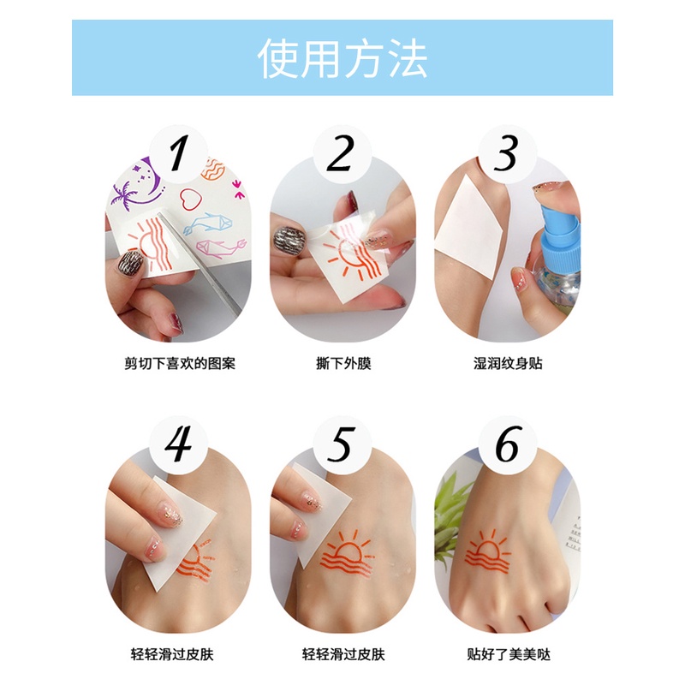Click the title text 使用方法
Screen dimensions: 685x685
tap(342, 58)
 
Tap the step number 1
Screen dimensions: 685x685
tap(179, 153)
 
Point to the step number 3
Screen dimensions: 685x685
tap(506, 153)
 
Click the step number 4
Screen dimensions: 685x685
tap(179, 444)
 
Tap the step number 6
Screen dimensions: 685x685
tap(509, 444)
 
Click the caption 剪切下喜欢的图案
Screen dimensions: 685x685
tap(180, 363)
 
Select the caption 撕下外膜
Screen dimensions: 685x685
tap(343, 363)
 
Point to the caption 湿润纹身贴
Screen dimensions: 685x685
tap(508, 363)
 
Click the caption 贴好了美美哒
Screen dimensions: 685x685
tap(509, 654)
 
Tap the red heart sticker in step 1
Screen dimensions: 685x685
tap(191, 199)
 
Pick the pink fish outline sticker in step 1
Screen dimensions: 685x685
tap(221, 247)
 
